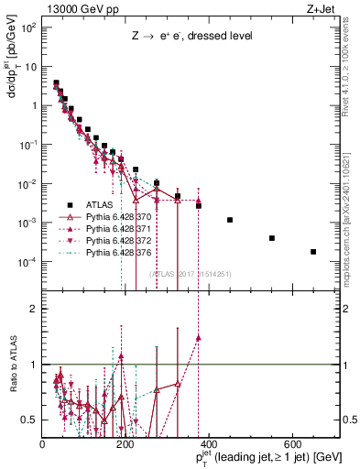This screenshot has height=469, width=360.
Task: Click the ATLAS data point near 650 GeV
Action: [x=313, y=252]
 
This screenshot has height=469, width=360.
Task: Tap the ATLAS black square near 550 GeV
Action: [x=272, y=238]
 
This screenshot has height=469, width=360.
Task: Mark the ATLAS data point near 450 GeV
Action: [x=230, y=220]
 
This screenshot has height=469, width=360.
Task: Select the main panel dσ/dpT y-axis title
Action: [x=12, y=92]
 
